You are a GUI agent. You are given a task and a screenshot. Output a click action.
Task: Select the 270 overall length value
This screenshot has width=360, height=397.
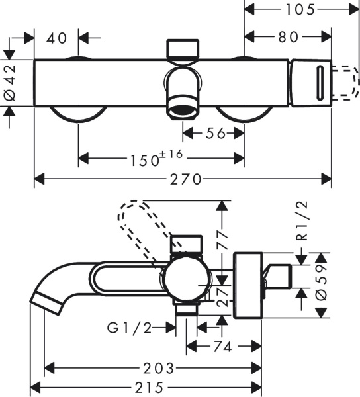click(183, 179)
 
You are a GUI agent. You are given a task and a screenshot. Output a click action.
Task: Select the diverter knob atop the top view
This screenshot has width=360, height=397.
click(183, 50)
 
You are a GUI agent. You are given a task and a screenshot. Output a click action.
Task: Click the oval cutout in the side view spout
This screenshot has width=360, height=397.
click(130, 280)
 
